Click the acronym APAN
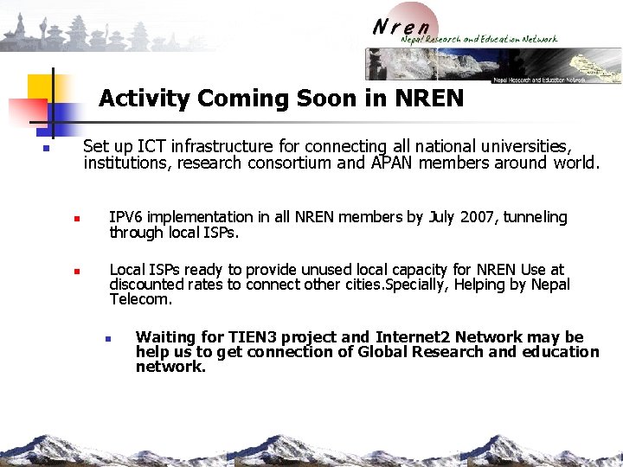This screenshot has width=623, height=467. (391, 163)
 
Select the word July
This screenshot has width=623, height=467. (441, 217)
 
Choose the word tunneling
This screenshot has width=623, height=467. (536, 217)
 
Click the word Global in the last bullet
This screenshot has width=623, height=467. (387, 352)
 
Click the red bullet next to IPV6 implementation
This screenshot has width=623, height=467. (76, 219)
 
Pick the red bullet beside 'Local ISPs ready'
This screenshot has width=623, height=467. (76, 272)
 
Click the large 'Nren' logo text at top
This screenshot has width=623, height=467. (401, 26)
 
